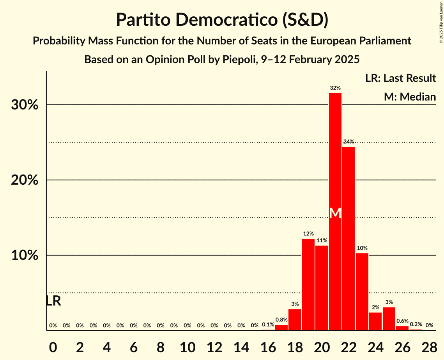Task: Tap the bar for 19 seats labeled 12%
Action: tap(308, 284)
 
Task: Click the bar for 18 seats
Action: tap(295, 319)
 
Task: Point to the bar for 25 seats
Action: tap(389, 319)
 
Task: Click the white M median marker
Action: tap(335, 213)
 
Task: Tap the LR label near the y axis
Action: tap(53, 301)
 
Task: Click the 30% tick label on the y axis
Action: tap(25, 105)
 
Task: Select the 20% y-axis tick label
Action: tap(25, 180)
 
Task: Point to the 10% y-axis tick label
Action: tap(25, 256)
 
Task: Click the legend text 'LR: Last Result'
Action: tap(400, 78)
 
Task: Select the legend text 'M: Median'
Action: tap(410, 97)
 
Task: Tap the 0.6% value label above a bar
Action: tap(402, 321)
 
